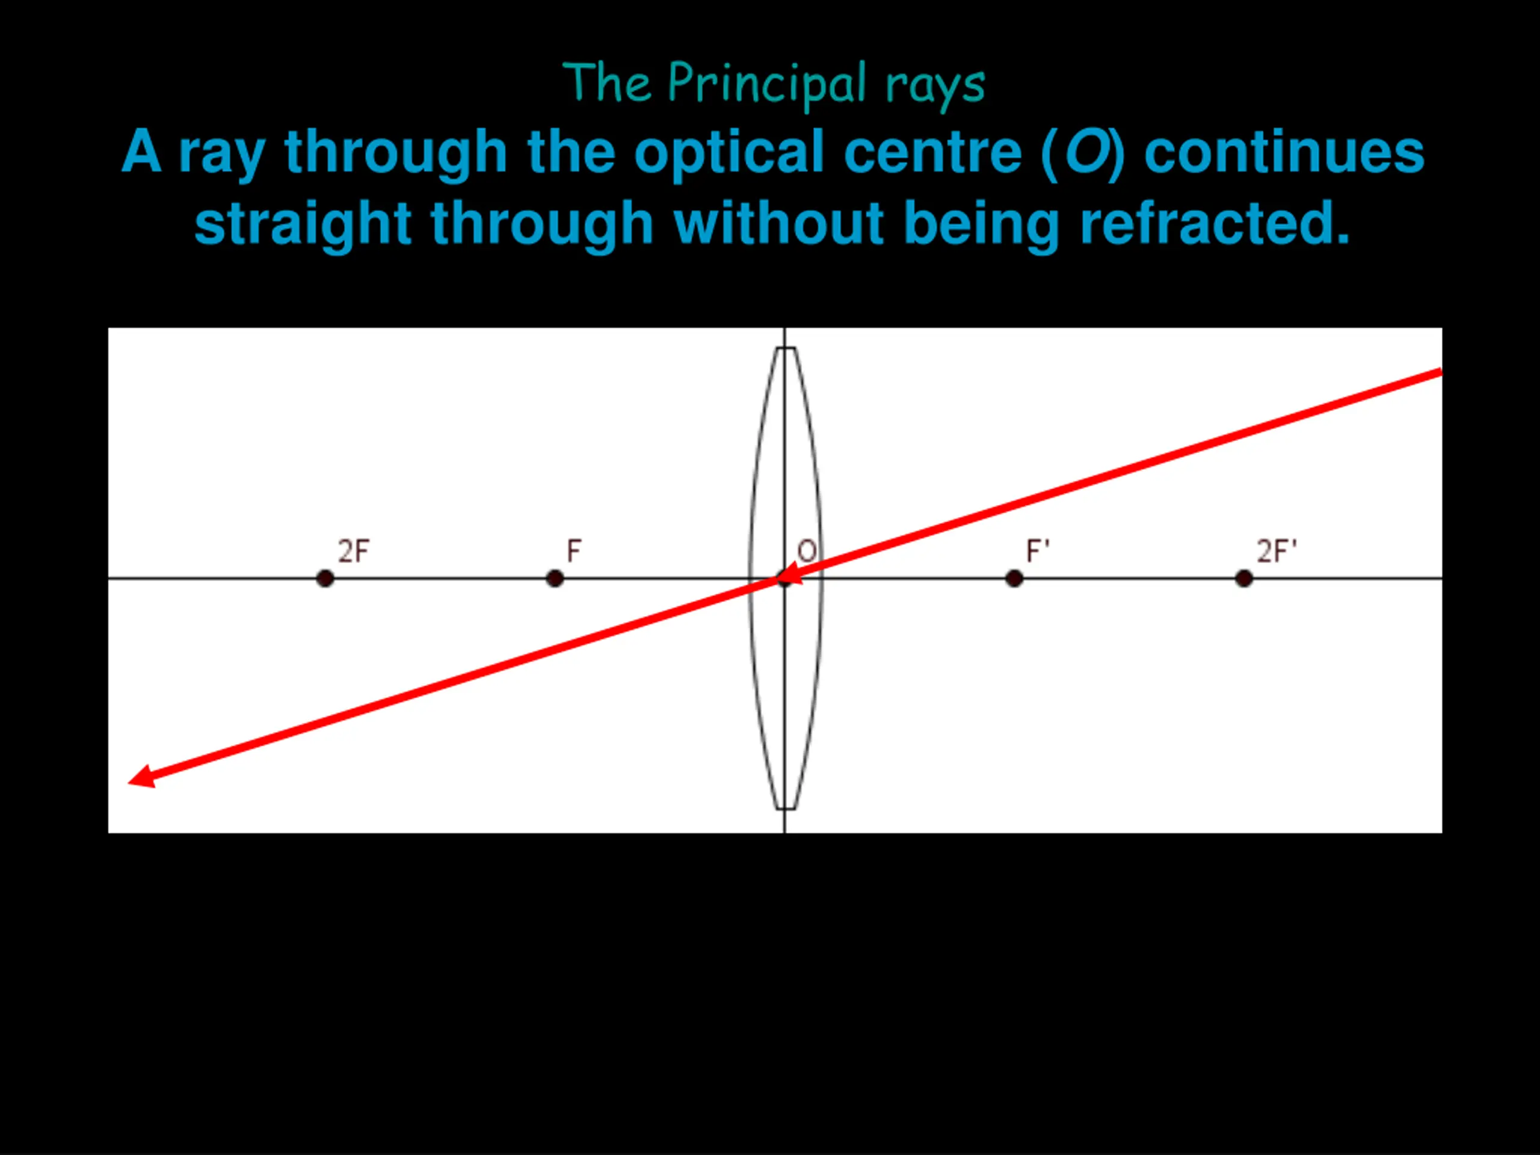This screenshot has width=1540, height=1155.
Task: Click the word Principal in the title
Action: point(766,84)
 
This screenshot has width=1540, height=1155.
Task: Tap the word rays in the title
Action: point(935,85)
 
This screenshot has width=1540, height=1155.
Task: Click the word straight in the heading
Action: point(303,224)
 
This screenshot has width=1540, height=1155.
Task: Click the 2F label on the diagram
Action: point(354,552)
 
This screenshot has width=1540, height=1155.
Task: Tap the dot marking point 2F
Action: point(325,579)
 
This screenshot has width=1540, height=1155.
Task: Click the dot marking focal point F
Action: point(555,579)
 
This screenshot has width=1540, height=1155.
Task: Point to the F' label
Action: point(1037,552)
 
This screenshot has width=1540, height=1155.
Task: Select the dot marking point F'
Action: point(1014,579)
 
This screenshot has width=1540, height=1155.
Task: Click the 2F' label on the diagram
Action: point(1276,552)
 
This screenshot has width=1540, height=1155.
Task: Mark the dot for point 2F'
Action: point(1244,579)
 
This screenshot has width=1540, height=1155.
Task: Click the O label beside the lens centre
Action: point(807,552)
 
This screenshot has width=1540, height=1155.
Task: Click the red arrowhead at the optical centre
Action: point(789,576)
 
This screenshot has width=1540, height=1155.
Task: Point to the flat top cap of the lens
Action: point(785,348)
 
